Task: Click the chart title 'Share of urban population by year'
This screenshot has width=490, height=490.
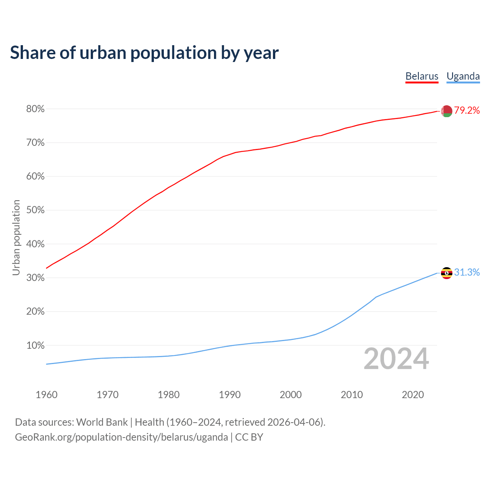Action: (144, 53)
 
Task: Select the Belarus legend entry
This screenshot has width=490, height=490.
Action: (422, 76)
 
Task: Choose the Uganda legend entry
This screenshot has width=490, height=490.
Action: (463, 76)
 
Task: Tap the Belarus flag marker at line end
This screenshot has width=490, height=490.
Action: (446, 111)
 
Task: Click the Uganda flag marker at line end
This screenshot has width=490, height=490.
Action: (446, 273)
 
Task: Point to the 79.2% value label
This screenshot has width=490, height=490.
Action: (467, 111)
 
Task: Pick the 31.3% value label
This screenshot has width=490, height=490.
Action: (467, 273)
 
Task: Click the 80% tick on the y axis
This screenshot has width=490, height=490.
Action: (36, 109)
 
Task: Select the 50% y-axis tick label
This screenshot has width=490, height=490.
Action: (36, 210)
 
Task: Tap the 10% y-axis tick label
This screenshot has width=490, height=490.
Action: (36, 346)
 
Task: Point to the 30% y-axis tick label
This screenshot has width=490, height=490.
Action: (36, 278)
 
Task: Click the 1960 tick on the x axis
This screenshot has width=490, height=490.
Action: (46, 395)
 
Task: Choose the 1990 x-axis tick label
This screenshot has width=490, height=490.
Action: (230, 395)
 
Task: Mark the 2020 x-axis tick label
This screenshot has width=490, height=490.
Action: (413, 395)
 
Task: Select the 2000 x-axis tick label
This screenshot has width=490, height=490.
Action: (291, 395)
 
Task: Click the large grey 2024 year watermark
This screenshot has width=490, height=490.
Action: (396, 359)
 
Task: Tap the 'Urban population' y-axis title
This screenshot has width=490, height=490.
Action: (16, 237)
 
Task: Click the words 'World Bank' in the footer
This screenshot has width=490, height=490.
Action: (102, 422)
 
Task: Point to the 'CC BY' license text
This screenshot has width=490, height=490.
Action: (249, 437)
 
